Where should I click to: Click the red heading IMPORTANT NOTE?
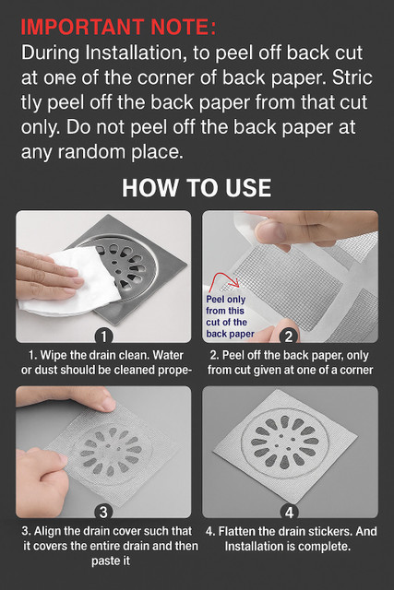(x=118, y=27)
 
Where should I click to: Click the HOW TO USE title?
(x=197, y=188)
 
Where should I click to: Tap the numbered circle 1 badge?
(x=103, y=336)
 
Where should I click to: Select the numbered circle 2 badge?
(x=289, y=336)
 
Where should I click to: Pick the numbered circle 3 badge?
(x=103, y=512)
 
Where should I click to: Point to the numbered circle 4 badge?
(x=289, y=512)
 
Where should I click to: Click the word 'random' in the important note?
(x=91, y=151)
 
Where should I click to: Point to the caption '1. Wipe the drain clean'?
(x=106, y=362)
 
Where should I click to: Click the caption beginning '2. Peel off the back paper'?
(x=290, y=362)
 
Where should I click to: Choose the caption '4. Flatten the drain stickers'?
(x=291, y=538)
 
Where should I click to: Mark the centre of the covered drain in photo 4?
(x=285, y=442)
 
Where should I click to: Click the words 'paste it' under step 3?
(x=111, y=560)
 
